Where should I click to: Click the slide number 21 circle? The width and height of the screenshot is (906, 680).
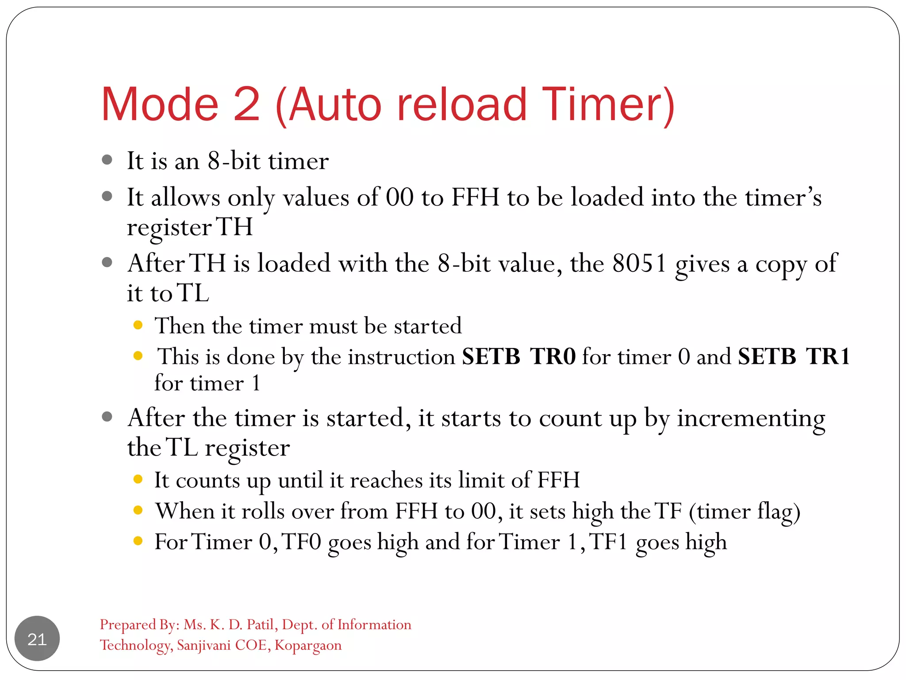click(37, 638)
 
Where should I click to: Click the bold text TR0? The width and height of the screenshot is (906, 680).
click(553, 356)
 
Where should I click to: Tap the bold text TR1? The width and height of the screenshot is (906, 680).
click(828, 356)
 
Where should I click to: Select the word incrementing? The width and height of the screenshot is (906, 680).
click(751, 418)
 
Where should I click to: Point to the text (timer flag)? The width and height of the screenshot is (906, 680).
click(745, 512)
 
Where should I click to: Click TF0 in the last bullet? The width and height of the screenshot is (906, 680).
click(301, 542)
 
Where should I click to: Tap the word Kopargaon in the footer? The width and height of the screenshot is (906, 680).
click(308, 645)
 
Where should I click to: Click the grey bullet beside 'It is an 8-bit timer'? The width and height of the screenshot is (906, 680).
click(107, 160)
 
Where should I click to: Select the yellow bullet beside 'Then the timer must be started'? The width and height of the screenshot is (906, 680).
click(138, 325)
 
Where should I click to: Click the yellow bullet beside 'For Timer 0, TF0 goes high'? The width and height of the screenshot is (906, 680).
click(138, 541)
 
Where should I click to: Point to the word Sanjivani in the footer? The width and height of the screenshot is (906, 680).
click(204, 645)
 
